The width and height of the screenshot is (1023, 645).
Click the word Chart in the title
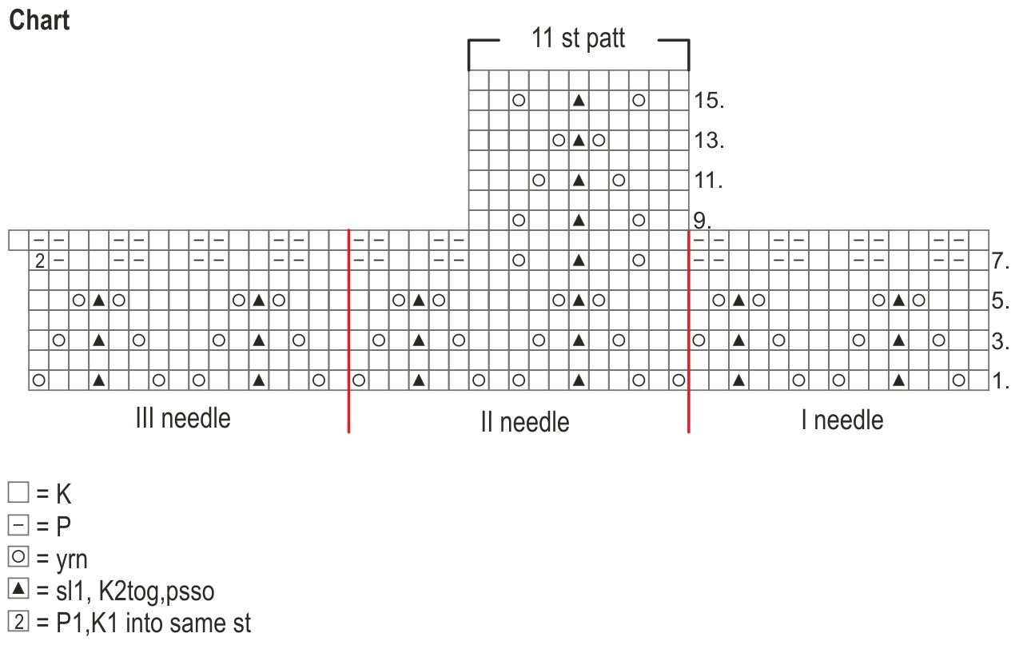click(39, 20)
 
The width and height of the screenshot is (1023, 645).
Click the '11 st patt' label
click(578, 38)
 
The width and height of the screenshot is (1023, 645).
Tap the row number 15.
click(710, 101)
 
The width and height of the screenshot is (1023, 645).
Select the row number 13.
click(710, 141)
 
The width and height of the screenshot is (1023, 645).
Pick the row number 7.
click(1001, 261)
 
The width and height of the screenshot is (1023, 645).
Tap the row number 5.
click(1001, 301)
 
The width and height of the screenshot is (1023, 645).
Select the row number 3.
click(1001, 341)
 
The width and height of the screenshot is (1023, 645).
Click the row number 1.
click(1001, 381)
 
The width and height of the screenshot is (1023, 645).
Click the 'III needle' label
click(183, 418)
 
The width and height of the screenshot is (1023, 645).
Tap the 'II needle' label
click(524, 421)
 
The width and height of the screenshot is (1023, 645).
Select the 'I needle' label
click(842, 420)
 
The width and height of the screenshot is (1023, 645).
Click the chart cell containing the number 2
click(39, 261)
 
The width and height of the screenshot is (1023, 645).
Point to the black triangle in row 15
click(579, 101)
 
